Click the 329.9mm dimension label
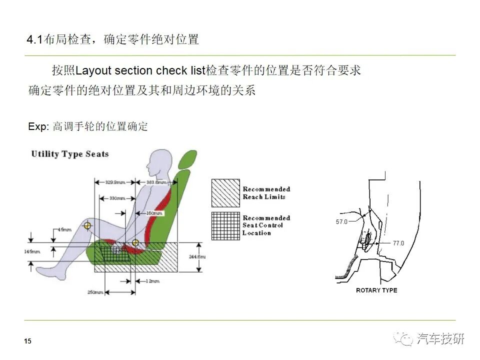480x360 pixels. pos(115,182)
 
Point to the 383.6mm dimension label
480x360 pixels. pos(156,182)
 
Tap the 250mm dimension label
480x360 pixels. pos(95,291)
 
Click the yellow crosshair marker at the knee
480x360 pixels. pos(87,225)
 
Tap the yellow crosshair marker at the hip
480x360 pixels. pos(135,243)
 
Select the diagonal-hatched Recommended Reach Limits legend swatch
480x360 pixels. pos(225,193)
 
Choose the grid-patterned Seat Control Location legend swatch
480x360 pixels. pos(225,225)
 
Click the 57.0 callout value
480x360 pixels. pos(341,221)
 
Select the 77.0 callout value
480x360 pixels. pos(398,243)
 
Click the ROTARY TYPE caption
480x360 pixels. pos(376,290)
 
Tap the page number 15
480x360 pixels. pos(27,341)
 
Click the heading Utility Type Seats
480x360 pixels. pos(69,154)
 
